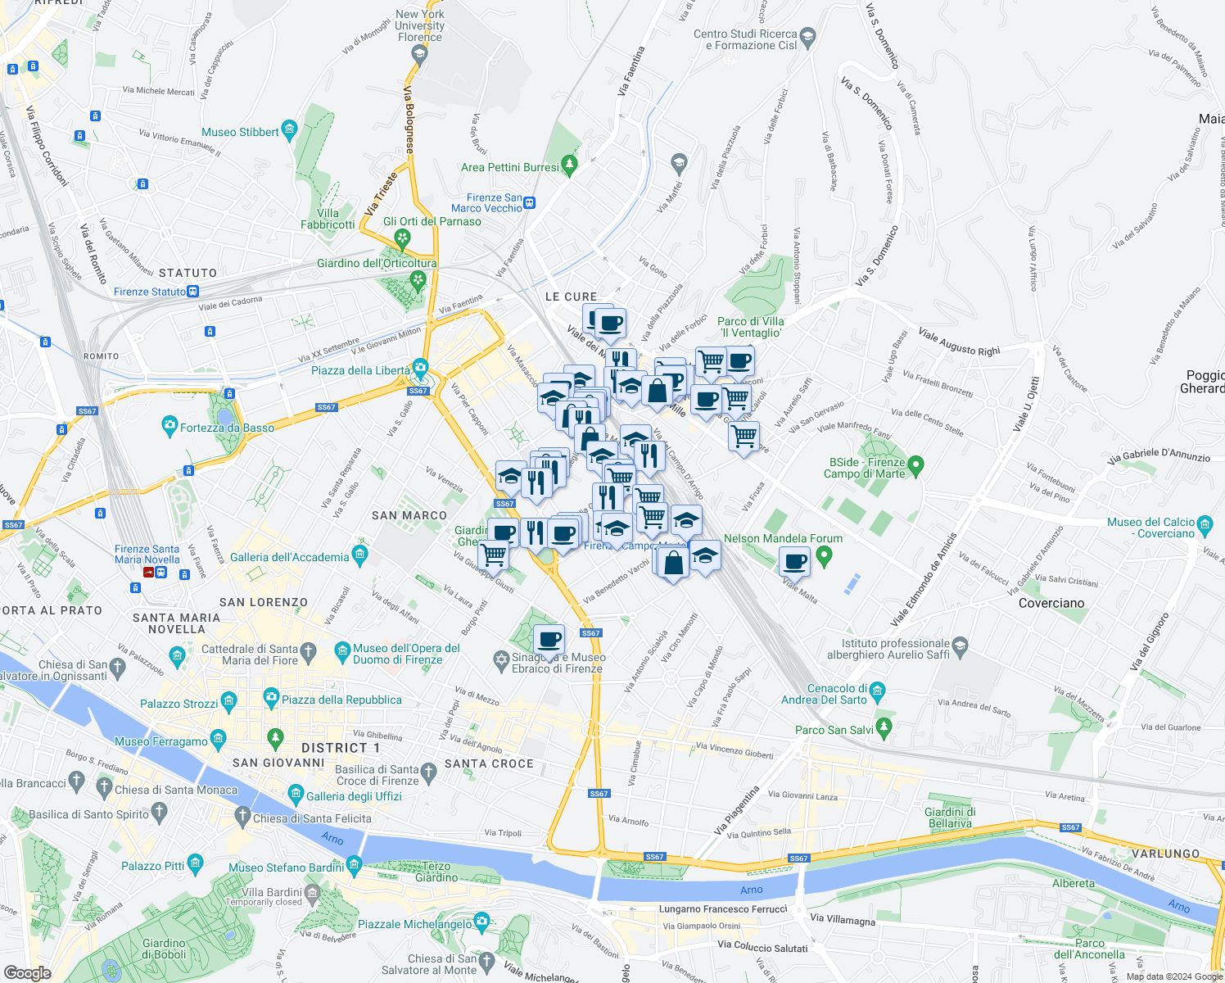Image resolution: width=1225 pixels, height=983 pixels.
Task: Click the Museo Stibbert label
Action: click(x=241, y=132)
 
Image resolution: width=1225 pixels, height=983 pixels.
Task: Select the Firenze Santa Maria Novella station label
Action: click(x=147, y=555)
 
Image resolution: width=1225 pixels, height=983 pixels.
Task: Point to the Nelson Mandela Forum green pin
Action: click(x=825, y=557)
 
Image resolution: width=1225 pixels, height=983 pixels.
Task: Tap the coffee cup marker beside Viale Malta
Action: click(x=793, y=562)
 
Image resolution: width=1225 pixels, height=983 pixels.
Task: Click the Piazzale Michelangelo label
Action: click(x=415, y=924)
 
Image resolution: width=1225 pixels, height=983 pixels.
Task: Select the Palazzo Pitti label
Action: click(x=153, y=866)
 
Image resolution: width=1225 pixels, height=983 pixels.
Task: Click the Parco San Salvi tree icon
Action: click(x=884, y=727)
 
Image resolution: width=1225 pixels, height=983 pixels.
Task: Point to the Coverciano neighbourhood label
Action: click(x=1051, y=603)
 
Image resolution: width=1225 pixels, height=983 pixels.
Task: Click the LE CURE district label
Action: click(x=572, y=297)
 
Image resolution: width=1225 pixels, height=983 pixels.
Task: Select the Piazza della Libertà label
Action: click(x=360, y=370)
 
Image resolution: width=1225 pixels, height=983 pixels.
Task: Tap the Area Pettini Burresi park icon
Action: click(x=570, y=165)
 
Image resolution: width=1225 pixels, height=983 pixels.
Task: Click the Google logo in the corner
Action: click(x=28, y=972)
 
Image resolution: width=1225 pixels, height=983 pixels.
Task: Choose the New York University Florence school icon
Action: click(x=420, y=54)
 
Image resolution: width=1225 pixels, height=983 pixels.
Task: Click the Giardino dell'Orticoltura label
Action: click(x=377, y=263)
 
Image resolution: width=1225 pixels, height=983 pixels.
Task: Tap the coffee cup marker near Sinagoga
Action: click(x=549, y=639)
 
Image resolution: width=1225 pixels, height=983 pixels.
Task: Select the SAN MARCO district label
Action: click(x=409, y=515)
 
